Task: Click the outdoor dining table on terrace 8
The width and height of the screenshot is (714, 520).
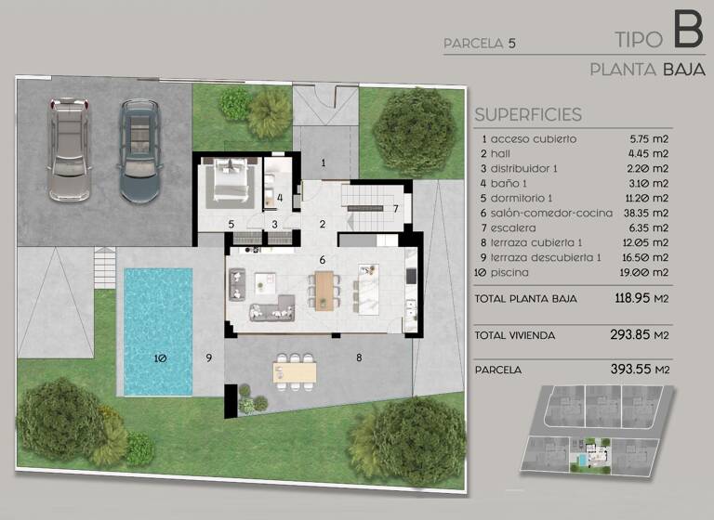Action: [295, 370]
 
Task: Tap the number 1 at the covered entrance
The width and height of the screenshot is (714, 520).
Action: [324, 162]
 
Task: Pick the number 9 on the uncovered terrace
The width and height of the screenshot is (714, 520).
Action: [209, 357]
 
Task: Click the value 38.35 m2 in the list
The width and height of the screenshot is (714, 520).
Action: [648, 213]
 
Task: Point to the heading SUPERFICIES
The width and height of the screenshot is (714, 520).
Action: [527, 115]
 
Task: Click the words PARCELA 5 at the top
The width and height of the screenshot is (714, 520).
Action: [479, 43]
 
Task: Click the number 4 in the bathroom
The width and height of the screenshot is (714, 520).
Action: [280, 197]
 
